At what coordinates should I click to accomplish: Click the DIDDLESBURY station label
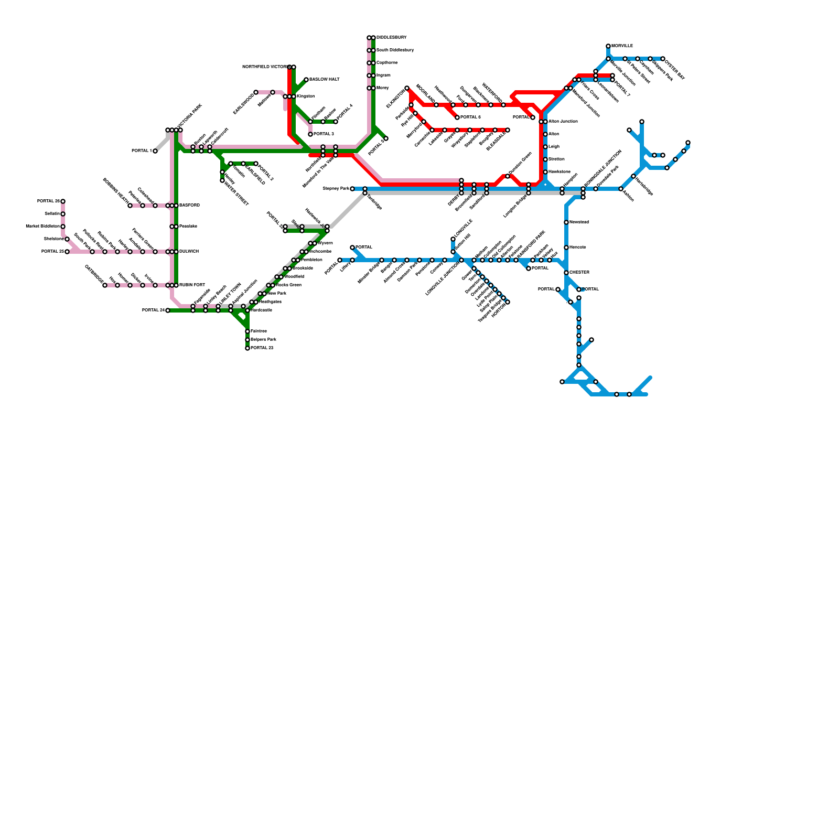[391, 38]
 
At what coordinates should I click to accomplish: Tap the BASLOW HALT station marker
[306, 80]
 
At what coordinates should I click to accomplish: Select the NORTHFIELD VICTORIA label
[264, 67]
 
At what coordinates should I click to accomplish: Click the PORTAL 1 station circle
[155, 151]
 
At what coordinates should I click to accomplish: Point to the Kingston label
[305, 96]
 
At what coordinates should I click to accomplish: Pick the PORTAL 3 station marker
[310, 134]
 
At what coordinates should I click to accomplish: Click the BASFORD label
[189, 206]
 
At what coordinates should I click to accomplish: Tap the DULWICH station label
[189, 252]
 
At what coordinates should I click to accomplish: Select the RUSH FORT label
[192, 285]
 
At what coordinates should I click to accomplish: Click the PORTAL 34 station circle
[168, 310]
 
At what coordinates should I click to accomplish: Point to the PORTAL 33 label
[262, 348]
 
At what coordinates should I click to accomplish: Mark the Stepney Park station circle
[352, 189]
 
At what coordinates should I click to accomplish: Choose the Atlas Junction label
[563, 122]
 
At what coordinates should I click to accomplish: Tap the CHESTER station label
[579, 273]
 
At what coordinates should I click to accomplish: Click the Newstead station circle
[566, 222]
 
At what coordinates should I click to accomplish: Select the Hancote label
[577, 248]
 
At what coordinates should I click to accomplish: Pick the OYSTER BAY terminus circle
[663, 59]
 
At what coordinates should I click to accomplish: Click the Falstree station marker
[248, 331]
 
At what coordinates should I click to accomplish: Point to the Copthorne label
[386, 63]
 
